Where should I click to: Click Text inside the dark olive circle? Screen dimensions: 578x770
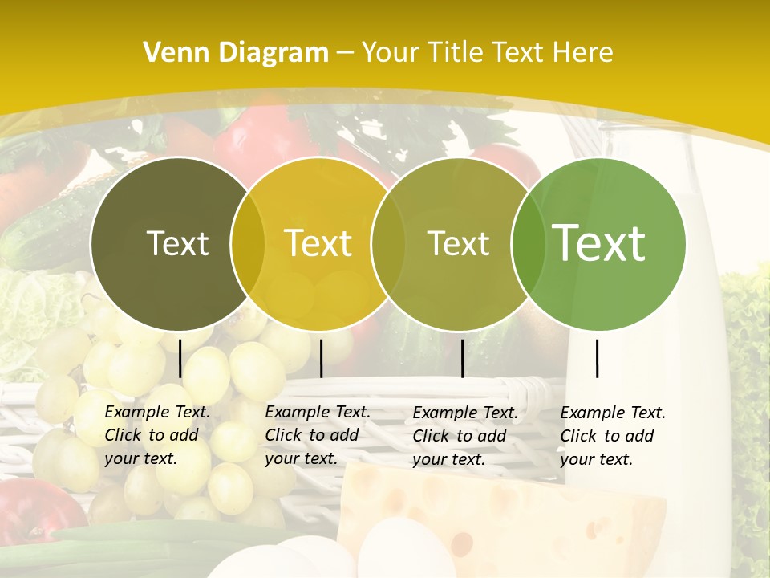pos(177,243)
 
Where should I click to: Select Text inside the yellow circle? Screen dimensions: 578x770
pos(318,243)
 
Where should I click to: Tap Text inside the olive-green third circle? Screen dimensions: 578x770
pos(458,243)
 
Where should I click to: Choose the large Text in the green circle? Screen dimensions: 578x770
pos(599,243)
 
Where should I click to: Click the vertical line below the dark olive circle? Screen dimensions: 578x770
pos(180,358)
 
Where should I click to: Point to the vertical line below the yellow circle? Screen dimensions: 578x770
pos(321,358)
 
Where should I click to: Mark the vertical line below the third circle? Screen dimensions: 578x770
pos(462,358)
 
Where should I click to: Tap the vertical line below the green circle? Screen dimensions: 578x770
pos(597,358)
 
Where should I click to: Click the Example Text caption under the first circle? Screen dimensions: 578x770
pos(157,435)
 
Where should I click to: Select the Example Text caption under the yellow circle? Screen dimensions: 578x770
pos(318,435)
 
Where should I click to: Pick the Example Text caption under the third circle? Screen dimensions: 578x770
pos(465,435)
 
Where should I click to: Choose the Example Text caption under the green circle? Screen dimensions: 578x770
pos(613,435)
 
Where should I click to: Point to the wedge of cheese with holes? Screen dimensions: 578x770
pos(513,506)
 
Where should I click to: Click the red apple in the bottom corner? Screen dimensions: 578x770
pos(32,514)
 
